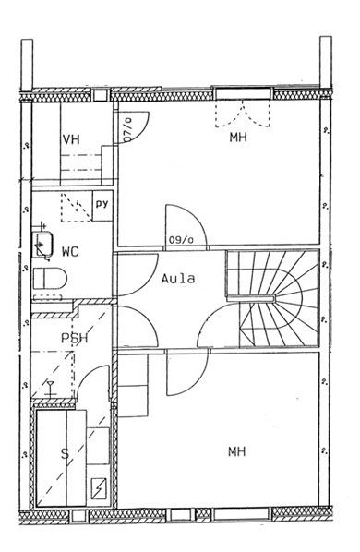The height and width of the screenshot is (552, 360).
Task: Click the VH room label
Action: click(x=71, y=139)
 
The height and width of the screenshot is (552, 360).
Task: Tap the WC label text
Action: click(x=70, y=252)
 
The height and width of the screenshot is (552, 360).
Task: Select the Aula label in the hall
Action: click(x=178, y=279)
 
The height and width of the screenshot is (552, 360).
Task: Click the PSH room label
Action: click(x=74, y=338)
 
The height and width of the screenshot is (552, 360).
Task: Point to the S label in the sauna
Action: click(x=66, y=454)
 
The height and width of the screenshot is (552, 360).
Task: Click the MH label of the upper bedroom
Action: click(x=238, y=137)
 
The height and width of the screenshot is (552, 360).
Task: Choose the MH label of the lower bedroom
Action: click(x=237, y=451)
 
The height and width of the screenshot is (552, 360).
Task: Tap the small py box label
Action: click(x=102, y=204)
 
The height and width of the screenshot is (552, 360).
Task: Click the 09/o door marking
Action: click(x=181, y=240)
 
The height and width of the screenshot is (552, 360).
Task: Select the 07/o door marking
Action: click(x=127, y=129)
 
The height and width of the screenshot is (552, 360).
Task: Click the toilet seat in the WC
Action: click(x=50, y=278)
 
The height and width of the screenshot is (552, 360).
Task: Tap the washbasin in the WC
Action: click(x=42, y=245)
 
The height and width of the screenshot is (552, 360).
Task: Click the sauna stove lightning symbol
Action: click(x=99, y=488)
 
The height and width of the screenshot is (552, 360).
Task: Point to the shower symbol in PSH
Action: click(x=50, y=389)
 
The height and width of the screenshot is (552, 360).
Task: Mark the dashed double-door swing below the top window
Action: click(x=243, y=114)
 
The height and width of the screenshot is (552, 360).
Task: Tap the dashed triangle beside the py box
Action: click(x=76, y=208)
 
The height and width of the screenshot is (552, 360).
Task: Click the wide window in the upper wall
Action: click(x=243, y=93)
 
